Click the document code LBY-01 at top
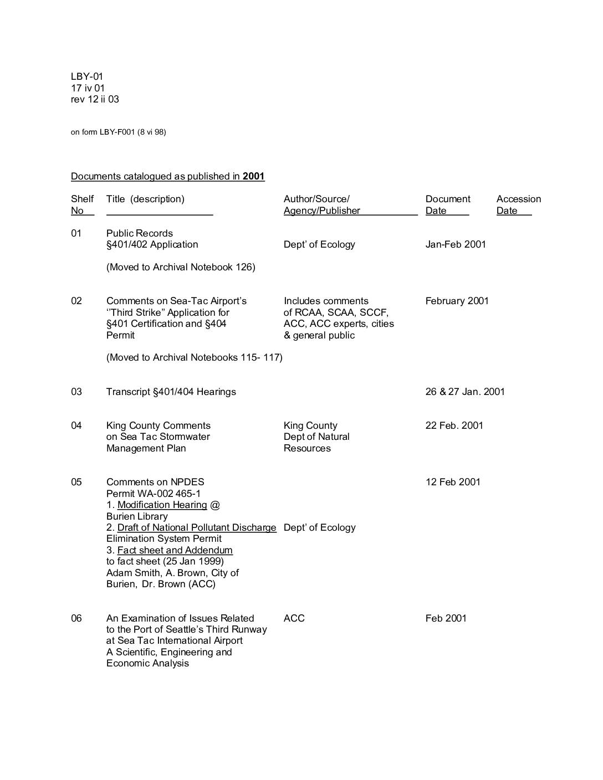(x=87, y=76)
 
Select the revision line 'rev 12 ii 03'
(x=95, y=99)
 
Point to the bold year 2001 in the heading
(x=253, y=176)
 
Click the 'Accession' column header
(x=518, y=199)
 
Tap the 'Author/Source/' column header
(x=316, y=199)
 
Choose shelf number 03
(x=76, y=392)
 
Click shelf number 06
(x=76, y=618)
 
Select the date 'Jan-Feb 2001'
(x=456, y=244)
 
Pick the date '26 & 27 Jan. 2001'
(x=465, y=392)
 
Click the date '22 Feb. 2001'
(x=454, y=425)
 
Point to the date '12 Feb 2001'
(x=453, y=482)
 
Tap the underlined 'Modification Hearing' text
(x=162, y=505)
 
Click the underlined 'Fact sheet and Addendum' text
(x=175, y=550)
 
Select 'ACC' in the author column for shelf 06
(x=294, y=618)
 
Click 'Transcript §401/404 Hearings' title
(x=171, y=392)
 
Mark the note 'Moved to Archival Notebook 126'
(x=181, y=267)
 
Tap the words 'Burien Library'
(x=137, y=516)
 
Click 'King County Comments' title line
(x=159, y=425)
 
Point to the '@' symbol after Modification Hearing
(x=215, y=505)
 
